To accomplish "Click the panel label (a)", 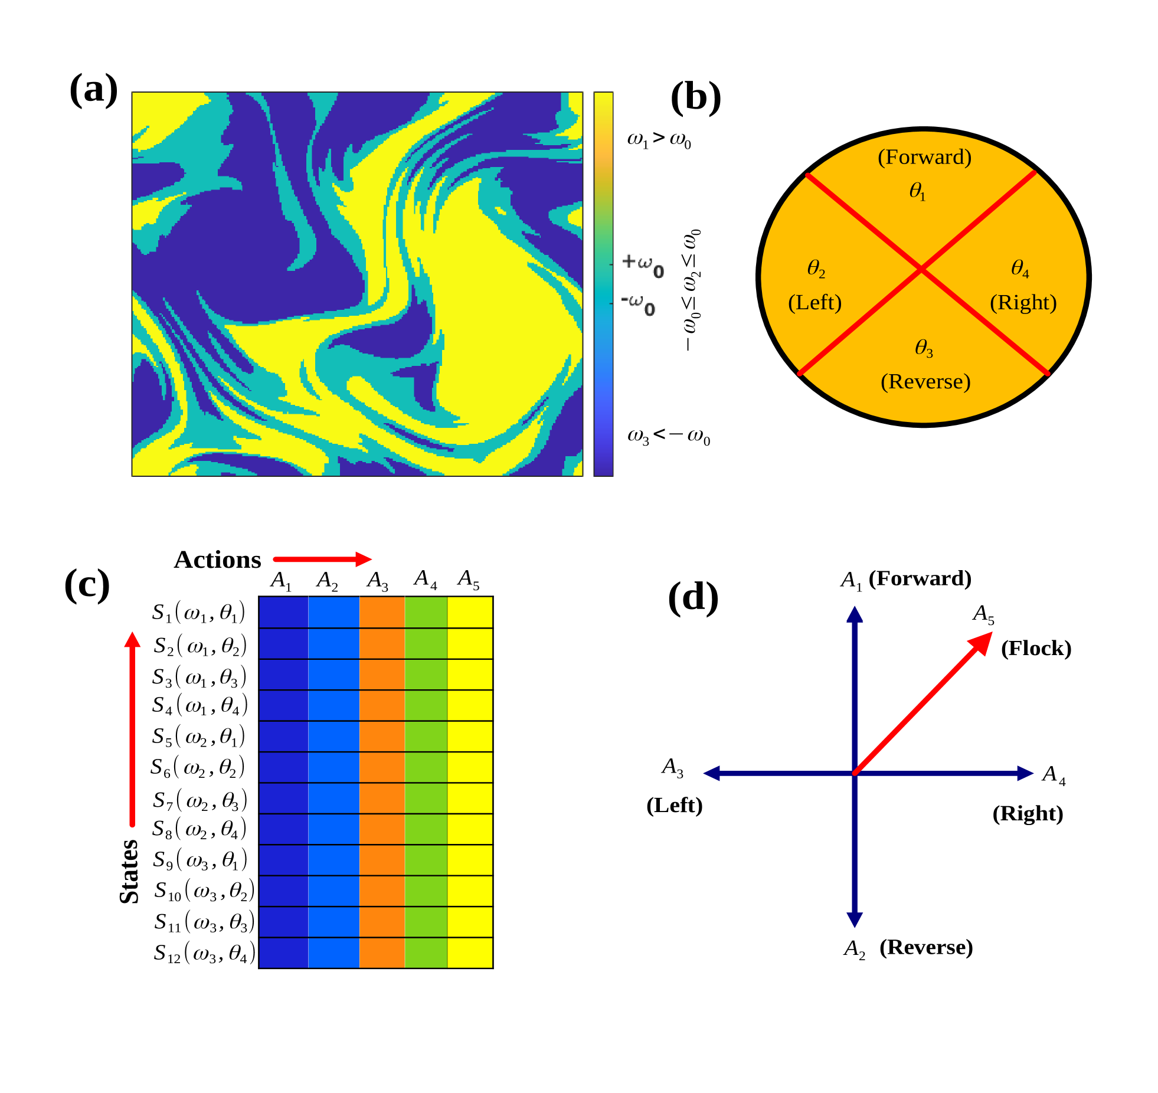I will click(x=93, y=90).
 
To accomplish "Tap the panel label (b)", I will click(x=695, y=97).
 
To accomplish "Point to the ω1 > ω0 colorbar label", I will click(x=659, y=139).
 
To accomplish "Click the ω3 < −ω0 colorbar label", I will click(x=668, y=437).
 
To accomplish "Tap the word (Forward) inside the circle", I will click(x=924, y=157).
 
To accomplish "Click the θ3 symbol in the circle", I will click(x=924, y=348).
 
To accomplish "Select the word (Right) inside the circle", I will click(x=1023, y=302).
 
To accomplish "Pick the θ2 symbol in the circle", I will click(x=816, y=269).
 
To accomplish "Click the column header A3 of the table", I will click(x=377, y=580).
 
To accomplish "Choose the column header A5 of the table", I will click(x=469, y=579).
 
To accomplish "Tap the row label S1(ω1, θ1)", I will click(x=198, y=613).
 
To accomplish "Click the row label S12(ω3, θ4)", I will click(x=204, y=953).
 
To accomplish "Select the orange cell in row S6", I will click(x=382, y=767).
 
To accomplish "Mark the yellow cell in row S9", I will click(x=470, y=860).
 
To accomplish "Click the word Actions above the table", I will click(x=217, y=559).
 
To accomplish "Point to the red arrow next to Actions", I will click(x=322, y=559).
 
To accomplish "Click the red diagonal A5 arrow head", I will click(x=982, y=642).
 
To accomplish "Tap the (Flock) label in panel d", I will click(x=1036, y=648).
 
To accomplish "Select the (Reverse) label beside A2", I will click(x=925, y=947).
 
